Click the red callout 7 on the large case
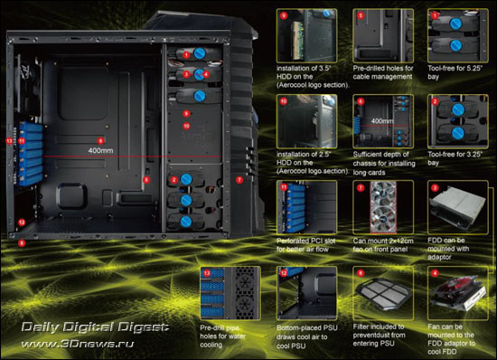[x=239, y=181]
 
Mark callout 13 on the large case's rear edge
[x=10, y=140]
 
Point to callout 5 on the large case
[x=145, y=180]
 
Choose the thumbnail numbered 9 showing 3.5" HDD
[x=303, y=33]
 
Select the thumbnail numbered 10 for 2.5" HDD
[x=303, y=118]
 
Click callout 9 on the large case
[x=186, y=113]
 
